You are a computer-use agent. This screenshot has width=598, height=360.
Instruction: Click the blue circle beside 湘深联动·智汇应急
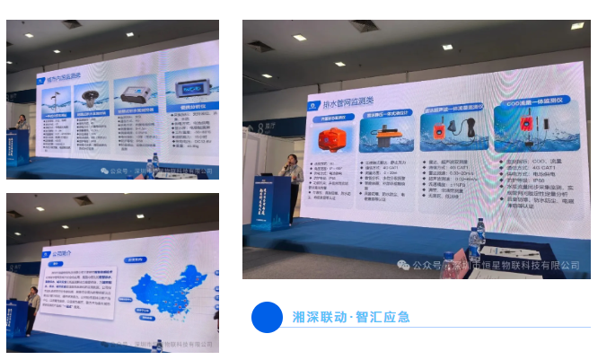[267, 317]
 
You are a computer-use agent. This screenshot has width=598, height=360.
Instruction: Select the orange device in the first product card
[332, 143]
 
